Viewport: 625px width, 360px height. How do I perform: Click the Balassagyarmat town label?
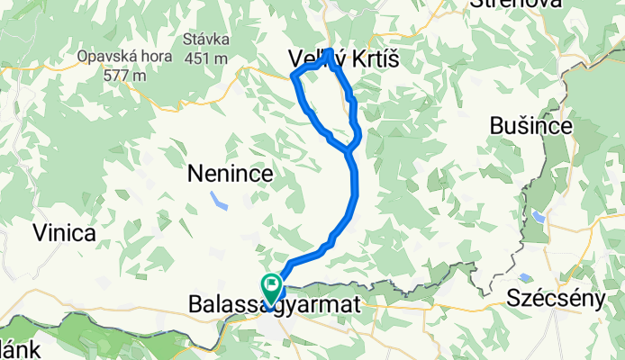point(274,307)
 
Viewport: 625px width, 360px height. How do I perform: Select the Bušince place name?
point(531,127)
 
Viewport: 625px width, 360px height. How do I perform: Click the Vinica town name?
point(64,234)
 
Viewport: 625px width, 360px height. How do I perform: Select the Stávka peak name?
point(206,40)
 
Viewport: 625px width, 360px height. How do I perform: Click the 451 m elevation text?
point(206,58)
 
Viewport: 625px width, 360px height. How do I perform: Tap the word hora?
point(146,56)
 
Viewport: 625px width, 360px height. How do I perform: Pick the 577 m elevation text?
point(124,76)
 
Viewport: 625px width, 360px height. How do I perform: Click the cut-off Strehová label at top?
point(516,4)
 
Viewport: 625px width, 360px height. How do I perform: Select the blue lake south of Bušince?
point(538,217)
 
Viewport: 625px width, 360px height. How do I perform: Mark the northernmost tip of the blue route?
point(331,50)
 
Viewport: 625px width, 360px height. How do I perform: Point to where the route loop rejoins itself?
point(349,151)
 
